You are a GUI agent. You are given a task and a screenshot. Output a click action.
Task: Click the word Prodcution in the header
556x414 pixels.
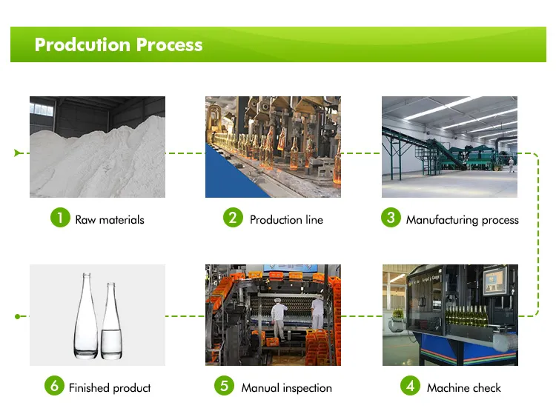[82, 45]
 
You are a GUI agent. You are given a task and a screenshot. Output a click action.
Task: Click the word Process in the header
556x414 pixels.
[170, 45]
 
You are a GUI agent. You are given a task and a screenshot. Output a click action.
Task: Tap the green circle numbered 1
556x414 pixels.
[60, 218]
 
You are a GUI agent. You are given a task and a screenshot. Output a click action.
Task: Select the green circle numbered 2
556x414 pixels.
[233, 218]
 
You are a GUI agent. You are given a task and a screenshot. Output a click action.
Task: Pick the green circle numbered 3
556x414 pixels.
[391, 218]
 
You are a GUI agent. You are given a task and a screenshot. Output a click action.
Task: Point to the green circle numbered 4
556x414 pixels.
[410, 385]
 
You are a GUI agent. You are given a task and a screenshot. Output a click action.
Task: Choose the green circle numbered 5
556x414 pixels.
[224, 385]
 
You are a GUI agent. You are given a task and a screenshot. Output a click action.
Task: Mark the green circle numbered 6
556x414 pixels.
[54, 385]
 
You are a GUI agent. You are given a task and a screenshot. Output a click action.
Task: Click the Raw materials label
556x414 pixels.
[110, 220]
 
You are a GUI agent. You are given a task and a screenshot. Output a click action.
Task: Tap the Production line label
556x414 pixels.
[286, 220]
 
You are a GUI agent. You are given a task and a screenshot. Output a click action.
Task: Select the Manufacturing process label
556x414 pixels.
[463, 220]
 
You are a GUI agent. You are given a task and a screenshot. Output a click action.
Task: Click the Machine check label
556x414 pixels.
[464, 388]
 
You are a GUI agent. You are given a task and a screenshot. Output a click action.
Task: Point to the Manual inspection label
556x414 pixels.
[286, 388]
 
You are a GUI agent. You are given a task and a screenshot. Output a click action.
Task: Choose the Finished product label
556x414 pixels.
[110, 388]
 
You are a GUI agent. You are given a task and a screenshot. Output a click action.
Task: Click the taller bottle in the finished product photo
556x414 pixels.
[86, 316]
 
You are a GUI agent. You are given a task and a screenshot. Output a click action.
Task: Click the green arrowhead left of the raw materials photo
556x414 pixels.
[17, 153]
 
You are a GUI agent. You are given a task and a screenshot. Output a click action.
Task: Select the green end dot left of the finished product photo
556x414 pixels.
[17, 316]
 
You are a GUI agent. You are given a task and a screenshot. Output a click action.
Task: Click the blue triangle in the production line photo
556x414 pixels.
[231, 176]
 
